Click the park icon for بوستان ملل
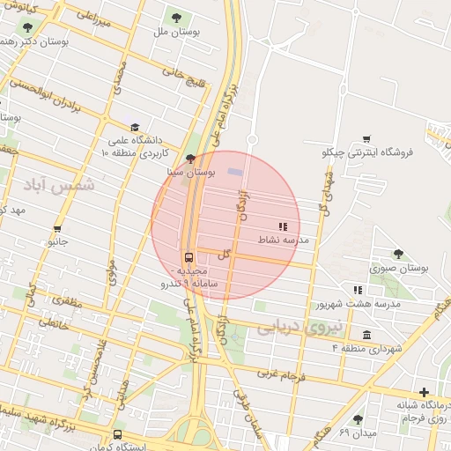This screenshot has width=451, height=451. click(x=176, y=18)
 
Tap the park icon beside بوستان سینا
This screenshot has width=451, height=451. click(x=191, y=159)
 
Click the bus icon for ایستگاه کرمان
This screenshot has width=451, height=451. click(x=118, y=434)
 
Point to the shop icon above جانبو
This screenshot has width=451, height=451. click(x=55, y=226)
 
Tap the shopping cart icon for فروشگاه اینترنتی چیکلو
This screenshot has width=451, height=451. click(x=366, y=139)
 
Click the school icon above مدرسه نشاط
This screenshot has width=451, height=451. click(x=283, y=226)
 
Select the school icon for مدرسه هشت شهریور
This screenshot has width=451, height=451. click(x=358, y=290)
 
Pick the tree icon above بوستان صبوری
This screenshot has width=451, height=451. click(x=398, y=254)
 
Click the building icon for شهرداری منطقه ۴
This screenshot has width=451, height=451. click(x=366, y=334)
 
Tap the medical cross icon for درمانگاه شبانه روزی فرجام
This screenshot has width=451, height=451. click(x=425, y=392)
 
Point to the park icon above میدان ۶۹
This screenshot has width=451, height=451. click(x=357, y=419)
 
